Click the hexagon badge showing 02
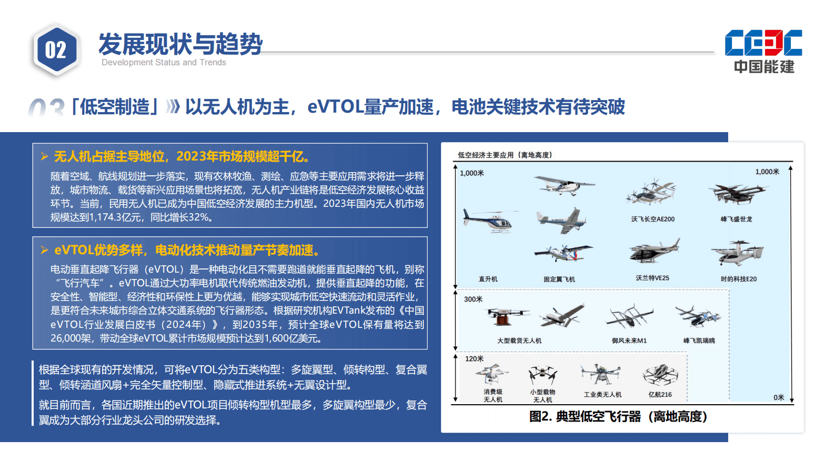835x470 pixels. [56, 51]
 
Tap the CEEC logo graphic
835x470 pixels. [763, 43]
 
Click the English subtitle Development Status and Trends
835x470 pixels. [164, 63]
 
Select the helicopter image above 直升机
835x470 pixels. [488, 220]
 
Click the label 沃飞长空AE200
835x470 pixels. [652, 219]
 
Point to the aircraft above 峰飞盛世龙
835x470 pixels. [737, 193]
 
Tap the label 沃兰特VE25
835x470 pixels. [652, 278]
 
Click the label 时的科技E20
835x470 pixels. [738, 279]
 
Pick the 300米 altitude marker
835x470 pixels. [473, 299]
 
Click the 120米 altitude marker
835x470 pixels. [474, 358]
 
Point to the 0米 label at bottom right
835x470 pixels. [779, 397]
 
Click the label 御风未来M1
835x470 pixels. [629, 341]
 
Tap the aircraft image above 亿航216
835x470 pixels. [660, 375]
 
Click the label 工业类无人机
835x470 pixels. [602, 395]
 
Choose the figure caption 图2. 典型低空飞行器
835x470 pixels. [618, 417]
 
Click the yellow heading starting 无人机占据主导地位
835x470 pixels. [182, 156]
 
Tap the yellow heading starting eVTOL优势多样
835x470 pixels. [187, 250]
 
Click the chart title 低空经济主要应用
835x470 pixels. [504, 155]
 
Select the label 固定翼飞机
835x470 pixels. [559, 279]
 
